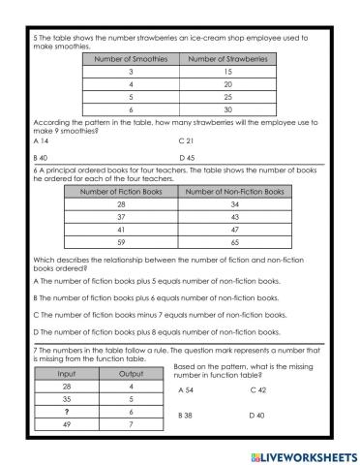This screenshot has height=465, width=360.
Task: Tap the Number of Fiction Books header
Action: tap(120, 191)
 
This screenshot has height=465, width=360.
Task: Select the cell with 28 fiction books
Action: tap(120, 204)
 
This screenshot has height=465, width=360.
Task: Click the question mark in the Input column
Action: tap(66, 411)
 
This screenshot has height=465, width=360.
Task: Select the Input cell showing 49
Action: tap(66, 424)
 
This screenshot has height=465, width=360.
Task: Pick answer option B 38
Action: tap(188, 415)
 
